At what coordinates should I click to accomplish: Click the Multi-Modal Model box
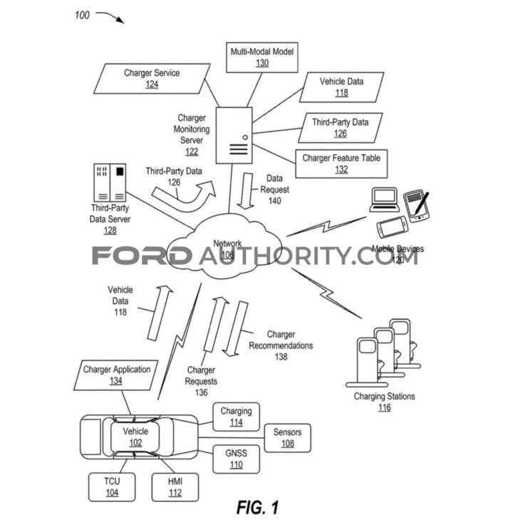pyautogui.click(x=261, y=57)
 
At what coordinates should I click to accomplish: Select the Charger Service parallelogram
pyautogui.click(x=151, y=78)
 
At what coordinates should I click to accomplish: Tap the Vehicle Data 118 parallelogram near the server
pyautogui.click(x=342, y=87)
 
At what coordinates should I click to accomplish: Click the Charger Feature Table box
pyautogui.click(x=341, y=164)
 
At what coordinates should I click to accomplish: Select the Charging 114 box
pyautogui.click(x=235, y=417)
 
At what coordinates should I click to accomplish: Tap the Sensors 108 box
pyautogui.click(x=287, y=437)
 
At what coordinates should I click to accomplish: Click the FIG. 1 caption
pyautogui.click(x=257, y=508)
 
